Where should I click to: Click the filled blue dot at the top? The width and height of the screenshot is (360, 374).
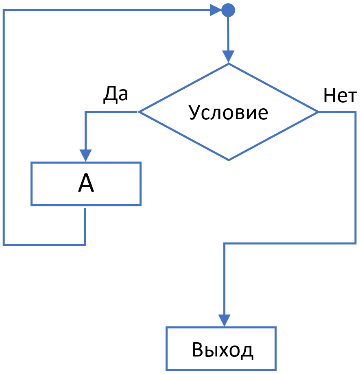coord(228,10)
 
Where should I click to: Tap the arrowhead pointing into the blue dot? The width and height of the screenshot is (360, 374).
coord(216,10)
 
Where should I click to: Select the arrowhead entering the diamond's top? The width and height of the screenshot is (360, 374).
coord(229,57)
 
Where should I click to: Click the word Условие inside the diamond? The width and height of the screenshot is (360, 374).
coord(229,112)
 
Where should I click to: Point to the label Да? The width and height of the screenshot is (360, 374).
coord(116,94)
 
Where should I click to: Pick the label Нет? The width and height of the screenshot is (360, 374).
coord(340,96)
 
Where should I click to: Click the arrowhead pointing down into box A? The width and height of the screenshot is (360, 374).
coord(85,155)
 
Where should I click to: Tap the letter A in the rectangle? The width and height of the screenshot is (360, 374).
coord(86,184)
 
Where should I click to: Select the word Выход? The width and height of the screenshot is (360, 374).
coord(222,350)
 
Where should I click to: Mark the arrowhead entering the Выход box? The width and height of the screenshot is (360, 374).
coord(225,320)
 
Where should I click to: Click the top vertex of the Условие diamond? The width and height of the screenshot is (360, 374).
coord(229,64)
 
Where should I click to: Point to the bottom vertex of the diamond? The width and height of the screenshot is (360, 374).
coord(229,160)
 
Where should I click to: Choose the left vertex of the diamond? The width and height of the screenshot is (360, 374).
coord(139,112)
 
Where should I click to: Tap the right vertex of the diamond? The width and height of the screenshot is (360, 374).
coord(318,112)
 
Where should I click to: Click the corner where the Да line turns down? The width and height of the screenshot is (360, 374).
coord(85,112)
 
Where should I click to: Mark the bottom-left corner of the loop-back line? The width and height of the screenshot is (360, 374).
coord(4,245)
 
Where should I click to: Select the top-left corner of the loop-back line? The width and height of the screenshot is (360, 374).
coord(4,10)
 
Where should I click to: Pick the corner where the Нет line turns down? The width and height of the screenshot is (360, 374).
coord(356,112)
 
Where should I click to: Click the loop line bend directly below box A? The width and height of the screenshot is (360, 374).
coord(85,245)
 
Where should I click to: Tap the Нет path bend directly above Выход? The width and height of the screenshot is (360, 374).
coord(225,244)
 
